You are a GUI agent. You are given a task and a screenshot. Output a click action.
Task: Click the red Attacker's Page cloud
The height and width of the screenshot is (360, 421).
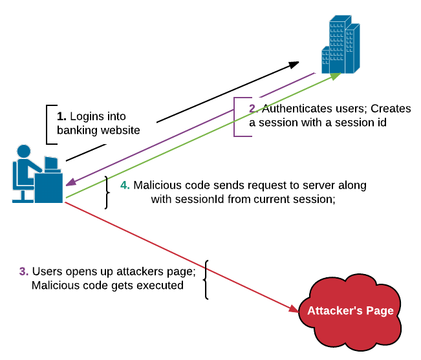[x=350, y=311]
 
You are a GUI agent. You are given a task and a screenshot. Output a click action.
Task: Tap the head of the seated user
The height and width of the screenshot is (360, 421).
[x=24, y=152]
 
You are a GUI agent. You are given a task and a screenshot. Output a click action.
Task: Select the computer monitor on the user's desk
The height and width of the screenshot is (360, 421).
[x=51, y=163]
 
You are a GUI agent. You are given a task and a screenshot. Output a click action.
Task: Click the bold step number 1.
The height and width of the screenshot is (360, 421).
[x=61, y=117]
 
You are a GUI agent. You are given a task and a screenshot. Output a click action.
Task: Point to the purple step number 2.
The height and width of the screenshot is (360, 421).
[x=253, y=108]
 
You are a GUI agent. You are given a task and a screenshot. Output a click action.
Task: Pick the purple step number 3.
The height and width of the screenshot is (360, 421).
[x=23, y=271]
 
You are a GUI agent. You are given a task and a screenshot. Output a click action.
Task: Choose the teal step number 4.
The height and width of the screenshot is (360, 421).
[x=125, y=185]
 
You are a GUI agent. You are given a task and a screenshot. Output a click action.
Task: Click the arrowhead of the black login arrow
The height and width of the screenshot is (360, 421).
[x=294, y=63]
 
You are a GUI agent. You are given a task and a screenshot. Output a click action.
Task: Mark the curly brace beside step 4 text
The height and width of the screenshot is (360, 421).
[x=106, y=192]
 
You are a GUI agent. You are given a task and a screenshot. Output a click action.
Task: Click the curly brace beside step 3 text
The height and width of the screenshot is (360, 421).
[x=206, y=279]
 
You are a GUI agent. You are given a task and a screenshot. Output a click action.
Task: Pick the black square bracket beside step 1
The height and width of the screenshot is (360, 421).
[x=49, y=124]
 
